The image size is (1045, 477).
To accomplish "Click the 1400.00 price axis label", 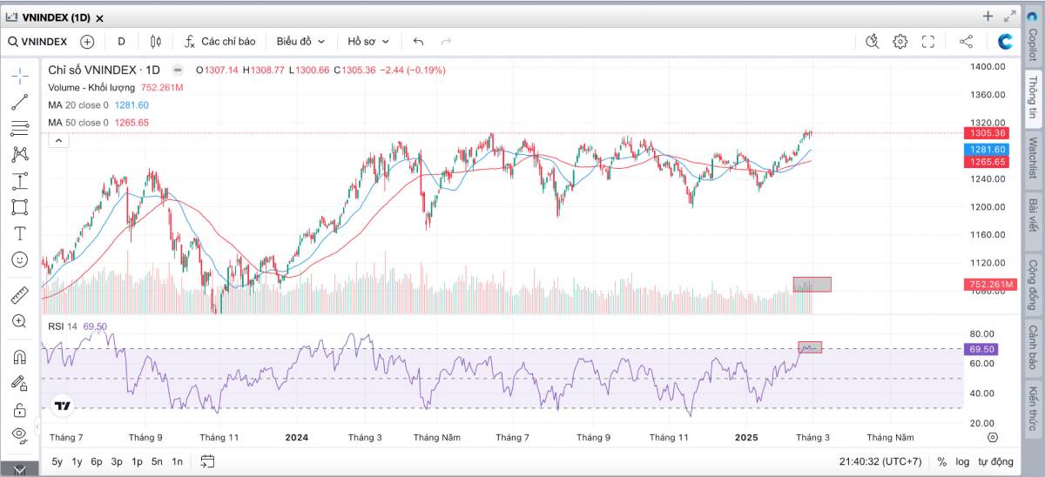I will click(988, 66).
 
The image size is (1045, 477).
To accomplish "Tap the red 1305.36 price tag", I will click(989, 133).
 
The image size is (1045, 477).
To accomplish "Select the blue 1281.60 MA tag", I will click(989, 150).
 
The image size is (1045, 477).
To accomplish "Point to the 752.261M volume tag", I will click(991, 285).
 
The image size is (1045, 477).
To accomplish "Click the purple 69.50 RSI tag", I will click(981, 349).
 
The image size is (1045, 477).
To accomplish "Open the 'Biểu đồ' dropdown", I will click(300, 41).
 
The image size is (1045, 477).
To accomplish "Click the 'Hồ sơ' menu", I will click(368, 41).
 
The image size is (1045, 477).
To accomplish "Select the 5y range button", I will click(57, 461).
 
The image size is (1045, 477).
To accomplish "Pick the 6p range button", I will click(96, 461).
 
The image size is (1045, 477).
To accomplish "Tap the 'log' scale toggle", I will click(962, 461).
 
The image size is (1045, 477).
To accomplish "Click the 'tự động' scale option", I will click(995, 461).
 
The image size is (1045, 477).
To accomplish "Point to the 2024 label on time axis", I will click(297, 437).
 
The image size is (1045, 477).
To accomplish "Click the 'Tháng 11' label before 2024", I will click(219, 437).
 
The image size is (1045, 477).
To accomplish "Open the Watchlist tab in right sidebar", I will click(1032, 158).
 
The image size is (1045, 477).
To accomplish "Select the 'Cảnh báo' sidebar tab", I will click(1032, 346).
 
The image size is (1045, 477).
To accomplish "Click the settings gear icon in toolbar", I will click(900, 41).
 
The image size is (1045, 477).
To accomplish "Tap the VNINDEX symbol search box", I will click(39, 41).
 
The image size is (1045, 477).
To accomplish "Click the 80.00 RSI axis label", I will click(981, 333).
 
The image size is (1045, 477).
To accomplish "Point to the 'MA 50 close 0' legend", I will click(78, 123).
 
